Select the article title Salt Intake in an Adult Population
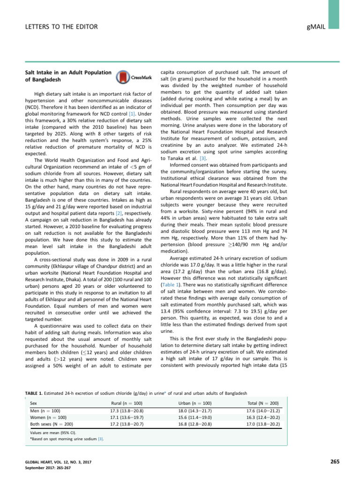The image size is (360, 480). point(67,72)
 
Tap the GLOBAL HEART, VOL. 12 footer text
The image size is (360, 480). point(58,462)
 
